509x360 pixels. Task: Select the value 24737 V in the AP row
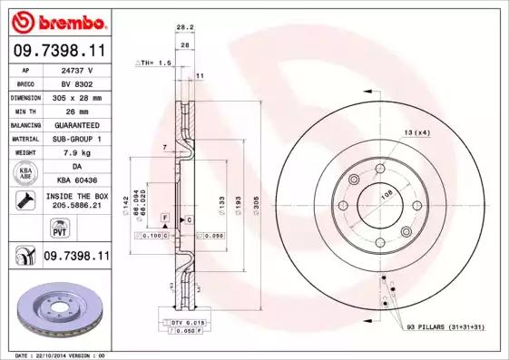(78, 69)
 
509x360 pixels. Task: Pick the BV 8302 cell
(78, 83)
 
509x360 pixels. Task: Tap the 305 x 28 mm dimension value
(78, 96)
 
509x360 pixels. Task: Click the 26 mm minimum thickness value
(78, 110)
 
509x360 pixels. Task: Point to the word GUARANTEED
(78, 124)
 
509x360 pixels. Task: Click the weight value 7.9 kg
(78, 152)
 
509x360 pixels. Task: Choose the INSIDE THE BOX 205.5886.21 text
(78, 201)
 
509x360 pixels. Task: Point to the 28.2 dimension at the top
(184, 28)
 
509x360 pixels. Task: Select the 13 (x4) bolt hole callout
(416, 132)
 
